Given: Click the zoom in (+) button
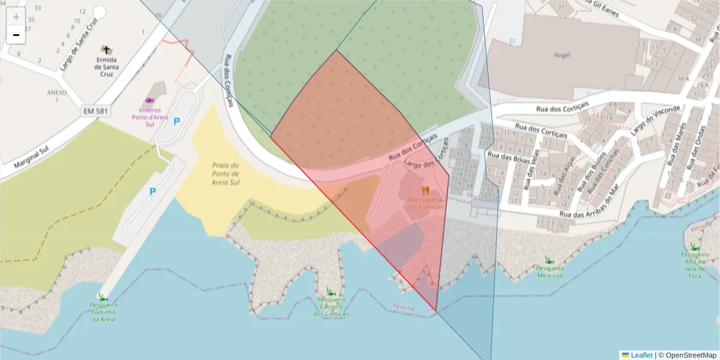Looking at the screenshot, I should click(x=16, y=17).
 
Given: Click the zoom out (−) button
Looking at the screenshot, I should click(x=16, y=35).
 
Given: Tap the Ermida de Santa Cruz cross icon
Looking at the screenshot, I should click(x=107, y=50).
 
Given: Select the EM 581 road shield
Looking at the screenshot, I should click(x=97, y=111).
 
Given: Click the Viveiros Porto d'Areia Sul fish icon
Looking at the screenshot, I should click(x=149, y=100).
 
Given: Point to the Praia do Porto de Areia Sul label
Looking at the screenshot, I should click(x=226, y=173).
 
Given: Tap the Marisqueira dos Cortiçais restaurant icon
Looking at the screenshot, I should click(x=425, y=190).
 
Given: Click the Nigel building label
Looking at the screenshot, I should click(x=562, y=55).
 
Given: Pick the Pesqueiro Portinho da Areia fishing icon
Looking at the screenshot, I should click(x=103, y=296).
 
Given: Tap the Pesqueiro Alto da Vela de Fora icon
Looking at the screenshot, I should click(x=693, y=246).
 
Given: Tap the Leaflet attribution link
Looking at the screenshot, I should click(x=641, y=355).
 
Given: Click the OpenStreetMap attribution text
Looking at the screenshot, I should click(x=687, y=355).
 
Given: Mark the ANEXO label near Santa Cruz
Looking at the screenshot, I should click(x=57, y=93).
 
